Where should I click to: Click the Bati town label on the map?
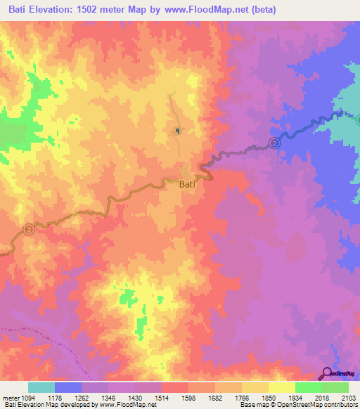pos(187,185)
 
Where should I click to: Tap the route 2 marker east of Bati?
pos(274,143)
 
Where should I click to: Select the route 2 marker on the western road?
pos(28,229)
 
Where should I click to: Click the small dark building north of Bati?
pos(178,130)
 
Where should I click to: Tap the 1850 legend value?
pos(268,398)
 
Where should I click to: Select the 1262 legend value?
pos(82,398)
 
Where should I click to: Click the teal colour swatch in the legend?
pos(41,387)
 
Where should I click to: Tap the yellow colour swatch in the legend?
pos(281,387)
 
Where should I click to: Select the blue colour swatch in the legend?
pos(68,387)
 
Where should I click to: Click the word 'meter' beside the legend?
pos(9,398)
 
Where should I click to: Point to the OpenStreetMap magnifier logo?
pos(326,373)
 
